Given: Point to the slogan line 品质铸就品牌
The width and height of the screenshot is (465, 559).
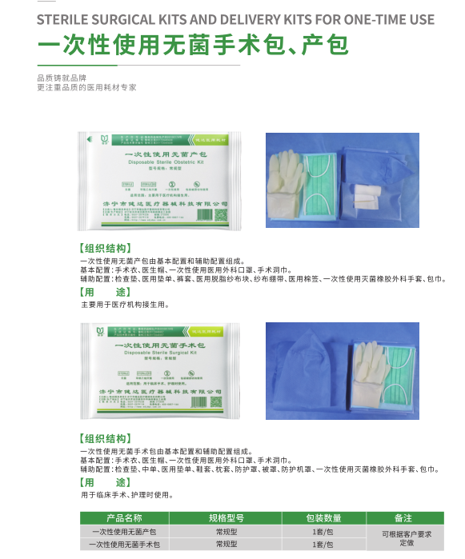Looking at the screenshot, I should [x=60, y=78].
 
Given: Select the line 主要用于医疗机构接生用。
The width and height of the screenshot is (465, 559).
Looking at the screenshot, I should [x=125, y=305].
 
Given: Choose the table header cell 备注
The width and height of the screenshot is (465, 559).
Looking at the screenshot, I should [x=403, y=517].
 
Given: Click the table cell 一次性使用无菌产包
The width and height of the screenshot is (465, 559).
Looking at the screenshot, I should [x=124, y=531].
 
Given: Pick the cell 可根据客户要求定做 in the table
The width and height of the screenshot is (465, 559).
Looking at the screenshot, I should [x=403, y=537].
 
